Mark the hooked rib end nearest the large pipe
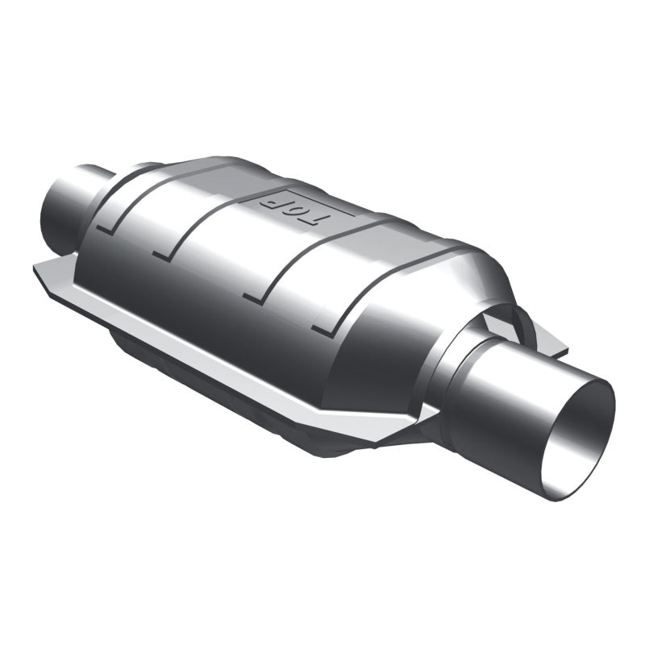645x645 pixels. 322,329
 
